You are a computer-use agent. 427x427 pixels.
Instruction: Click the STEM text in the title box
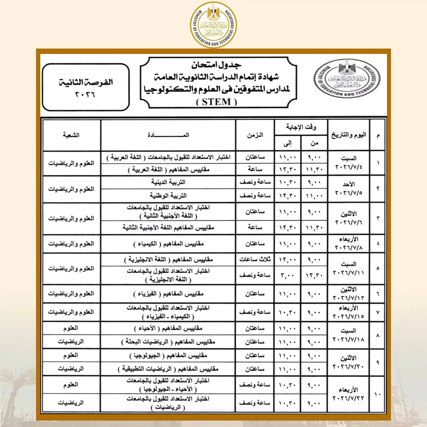tap(216, 102)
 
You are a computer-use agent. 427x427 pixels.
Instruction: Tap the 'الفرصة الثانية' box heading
tap(86, 82)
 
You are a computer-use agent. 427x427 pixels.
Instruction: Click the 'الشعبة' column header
tap(71, 135)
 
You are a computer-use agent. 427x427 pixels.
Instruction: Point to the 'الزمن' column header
tap(255, 135)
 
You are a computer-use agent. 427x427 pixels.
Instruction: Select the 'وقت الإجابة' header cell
tap(301, 127)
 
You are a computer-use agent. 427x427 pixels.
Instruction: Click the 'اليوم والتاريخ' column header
tap(349, 135)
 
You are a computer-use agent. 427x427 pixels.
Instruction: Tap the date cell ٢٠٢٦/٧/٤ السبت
tap(349, 163)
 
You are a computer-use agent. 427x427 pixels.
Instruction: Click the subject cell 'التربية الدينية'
tap(168, 182)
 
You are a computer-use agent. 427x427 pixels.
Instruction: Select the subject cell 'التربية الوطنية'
tap(168, 196)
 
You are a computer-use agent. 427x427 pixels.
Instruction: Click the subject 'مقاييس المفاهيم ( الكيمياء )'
tap(168, 244)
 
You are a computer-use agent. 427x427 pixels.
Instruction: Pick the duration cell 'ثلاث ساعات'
tap(255, 259)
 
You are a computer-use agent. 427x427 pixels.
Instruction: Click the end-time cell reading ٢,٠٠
tap(287, 275)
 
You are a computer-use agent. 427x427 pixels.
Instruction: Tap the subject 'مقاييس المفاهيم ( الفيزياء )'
tap(168, 294)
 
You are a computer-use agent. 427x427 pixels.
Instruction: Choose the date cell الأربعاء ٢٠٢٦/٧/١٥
tap(349, 312)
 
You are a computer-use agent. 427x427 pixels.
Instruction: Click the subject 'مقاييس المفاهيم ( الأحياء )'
tap(168, 328)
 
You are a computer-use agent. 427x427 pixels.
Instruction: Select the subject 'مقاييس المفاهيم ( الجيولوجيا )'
tap(168, 355)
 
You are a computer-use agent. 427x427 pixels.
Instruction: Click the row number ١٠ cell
tap(378, 394)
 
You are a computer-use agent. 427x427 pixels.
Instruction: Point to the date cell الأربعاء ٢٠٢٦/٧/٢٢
tap(349, 394)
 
